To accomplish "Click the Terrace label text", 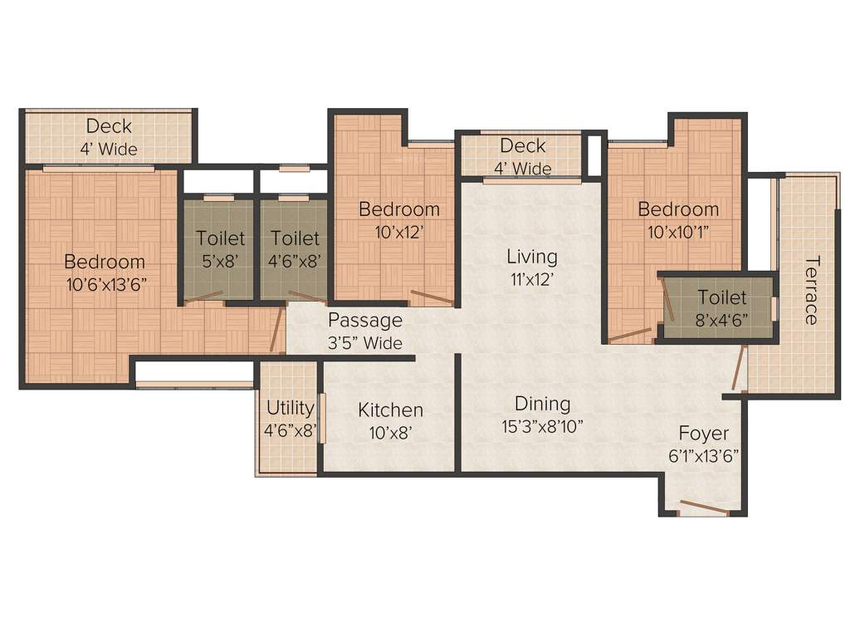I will point(812,290).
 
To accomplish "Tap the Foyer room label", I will point(703,433).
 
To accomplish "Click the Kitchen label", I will point(390,410).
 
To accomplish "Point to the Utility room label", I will point(290,408).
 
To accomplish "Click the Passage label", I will point(364,320).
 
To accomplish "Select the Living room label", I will point(532,256).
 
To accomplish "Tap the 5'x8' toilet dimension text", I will point(220,260).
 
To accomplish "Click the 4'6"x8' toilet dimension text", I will point(296,260).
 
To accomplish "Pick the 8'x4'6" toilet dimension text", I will point(721,319).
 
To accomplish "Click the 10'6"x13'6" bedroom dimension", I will point(106,284).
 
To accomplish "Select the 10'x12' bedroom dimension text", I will point(398,232).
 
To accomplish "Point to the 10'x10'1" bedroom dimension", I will point(678,232).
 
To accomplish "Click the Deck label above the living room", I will point(523,146).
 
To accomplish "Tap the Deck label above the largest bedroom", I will point(109,127).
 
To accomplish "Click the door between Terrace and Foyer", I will point(736,369).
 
